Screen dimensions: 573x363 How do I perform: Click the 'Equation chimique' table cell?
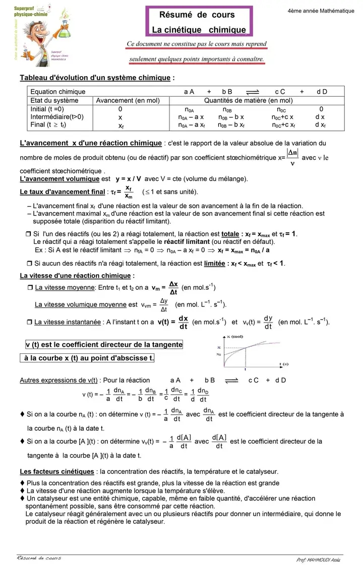tap(58, 92)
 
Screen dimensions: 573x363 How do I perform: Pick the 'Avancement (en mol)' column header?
tap(128, 100)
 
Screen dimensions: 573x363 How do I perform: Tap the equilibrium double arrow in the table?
tap(252, 92)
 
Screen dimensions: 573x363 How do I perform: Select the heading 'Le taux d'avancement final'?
tap(63, 192)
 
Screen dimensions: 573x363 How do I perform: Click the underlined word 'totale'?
tap(230, 234)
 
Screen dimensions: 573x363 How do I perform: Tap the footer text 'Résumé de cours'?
tap(39, 558)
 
